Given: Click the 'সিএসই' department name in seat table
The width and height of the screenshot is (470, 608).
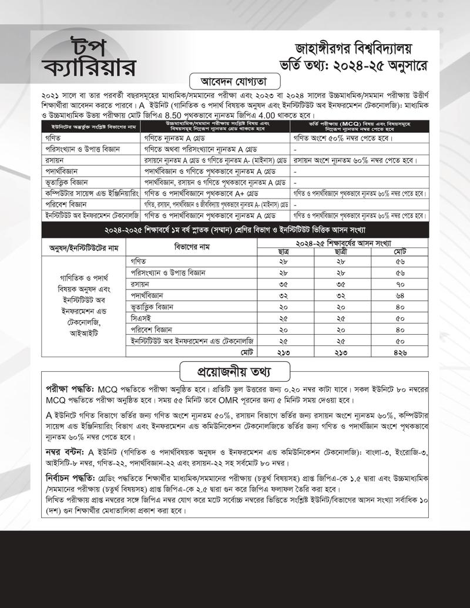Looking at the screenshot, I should pos(140,318).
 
